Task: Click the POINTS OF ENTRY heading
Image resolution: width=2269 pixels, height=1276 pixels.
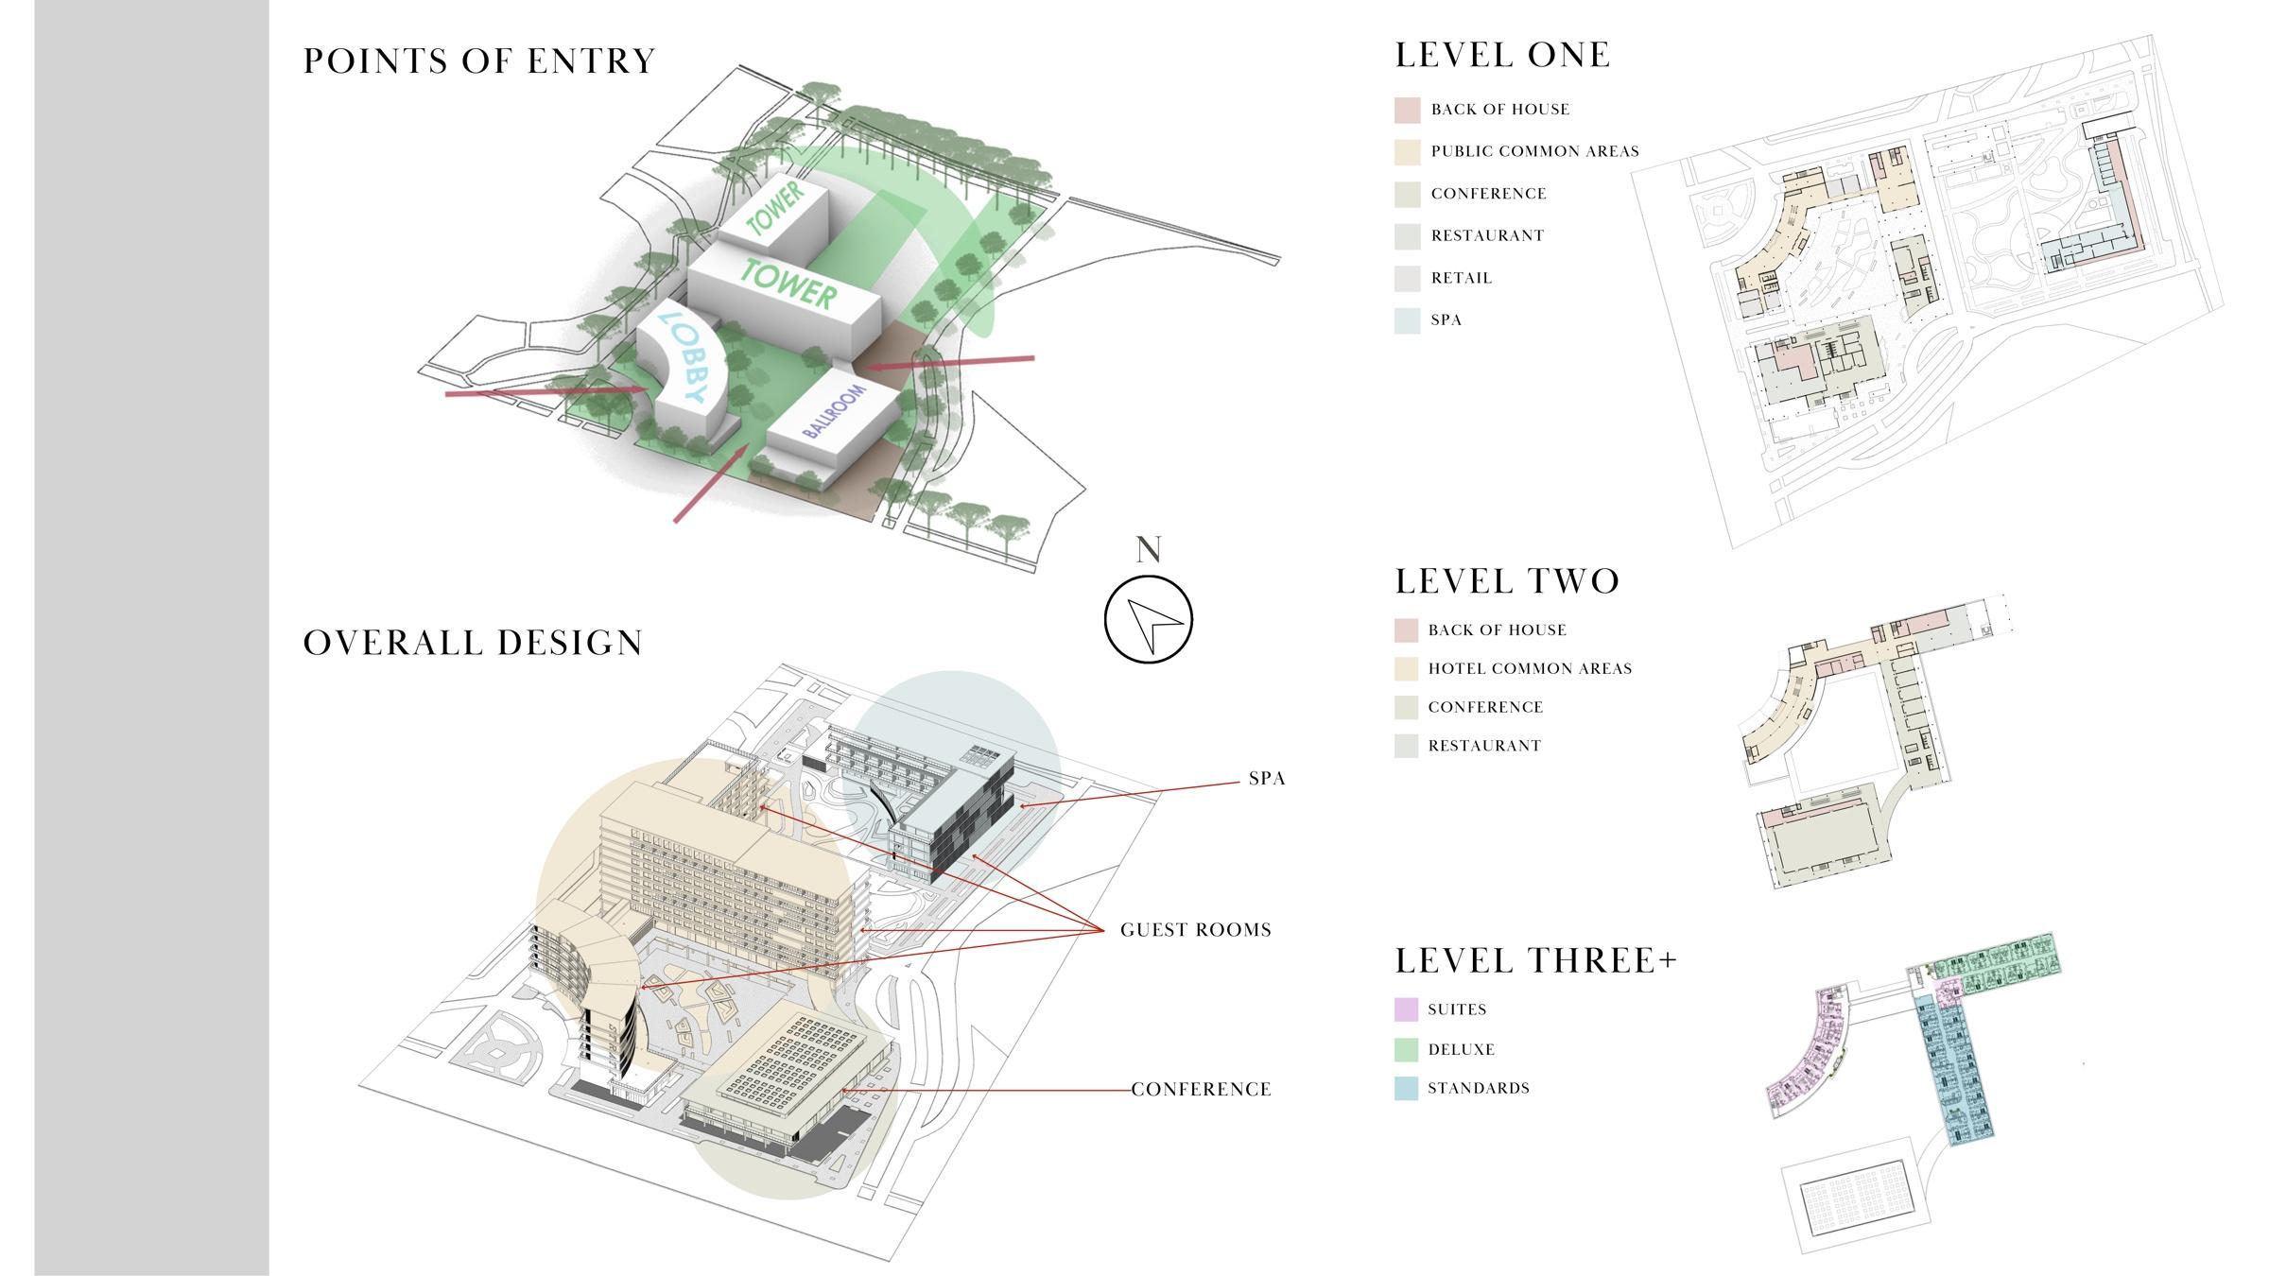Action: [478, 61]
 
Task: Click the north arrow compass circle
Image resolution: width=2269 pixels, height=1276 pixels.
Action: [1148, 620]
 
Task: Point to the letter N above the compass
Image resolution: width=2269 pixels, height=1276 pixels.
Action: [1148, 550]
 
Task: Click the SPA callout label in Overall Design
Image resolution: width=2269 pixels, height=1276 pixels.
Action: [1266, 779]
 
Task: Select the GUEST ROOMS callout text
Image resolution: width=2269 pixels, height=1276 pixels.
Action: [1195, 930]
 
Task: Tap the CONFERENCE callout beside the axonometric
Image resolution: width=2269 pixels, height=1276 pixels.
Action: [1201, 1090]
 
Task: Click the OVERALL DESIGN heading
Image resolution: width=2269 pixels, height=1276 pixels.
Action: [473, 643]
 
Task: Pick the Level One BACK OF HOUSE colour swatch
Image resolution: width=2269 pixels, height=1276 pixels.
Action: [1407, 110]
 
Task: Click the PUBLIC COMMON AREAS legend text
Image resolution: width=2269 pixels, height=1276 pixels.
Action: [1534, 151]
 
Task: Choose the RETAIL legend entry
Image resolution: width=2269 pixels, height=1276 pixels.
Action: [1461, 278]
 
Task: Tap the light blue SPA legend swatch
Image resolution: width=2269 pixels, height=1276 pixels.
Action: [1407, 320]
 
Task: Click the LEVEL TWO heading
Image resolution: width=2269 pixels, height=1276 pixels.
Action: [1507, 581]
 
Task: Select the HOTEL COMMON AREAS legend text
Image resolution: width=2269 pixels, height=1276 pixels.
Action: [1530, 669]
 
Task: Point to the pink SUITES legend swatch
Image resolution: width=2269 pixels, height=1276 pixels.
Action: [1406, 1009]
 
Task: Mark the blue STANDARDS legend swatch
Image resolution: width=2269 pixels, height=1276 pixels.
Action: [1406, 1088]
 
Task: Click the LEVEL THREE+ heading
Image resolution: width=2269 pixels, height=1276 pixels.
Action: [1535, 961]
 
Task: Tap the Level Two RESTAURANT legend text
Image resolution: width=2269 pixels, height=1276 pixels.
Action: [1484, 746]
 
